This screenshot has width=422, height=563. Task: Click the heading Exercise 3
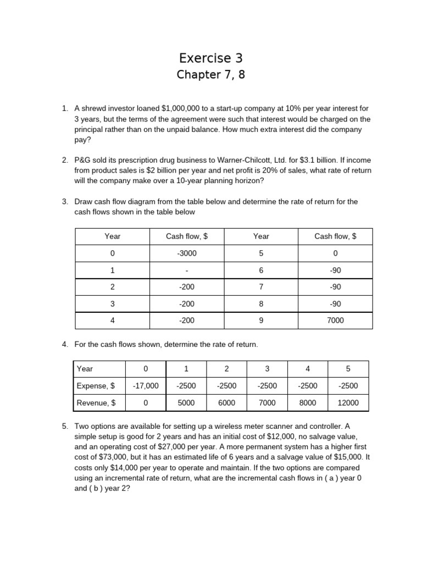(210, 58)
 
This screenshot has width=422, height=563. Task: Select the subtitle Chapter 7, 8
(210, 75)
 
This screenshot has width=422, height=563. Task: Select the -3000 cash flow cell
(187, 253)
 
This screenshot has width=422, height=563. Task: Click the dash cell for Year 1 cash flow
(187, 271)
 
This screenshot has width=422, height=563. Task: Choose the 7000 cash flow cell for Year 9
(335, 321)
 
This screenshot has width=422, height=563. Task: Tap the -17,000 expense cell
(146, 386)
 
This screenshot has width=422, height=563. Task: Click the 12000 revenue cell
(348, 403)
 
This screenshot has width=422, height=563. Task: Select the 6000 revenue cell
(226, 403)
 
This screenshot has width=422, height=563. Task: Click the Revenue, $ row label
(96, 403)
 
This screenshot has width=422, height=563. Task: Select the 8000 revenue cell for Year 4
(308, 403)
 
